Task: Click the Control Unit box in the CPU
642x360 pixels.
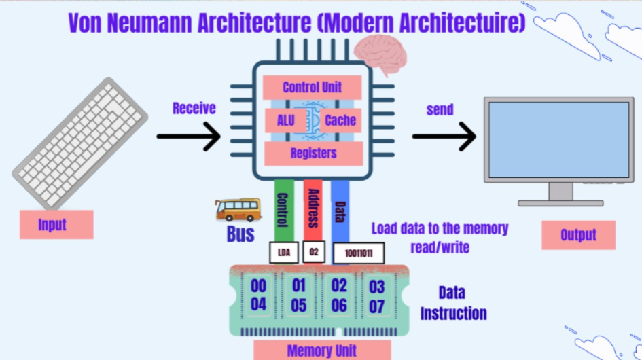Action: point(312,87)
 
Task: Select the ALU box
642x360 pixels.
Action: point(285,121)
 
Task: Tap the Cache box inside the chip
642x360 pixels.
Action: point(340,121)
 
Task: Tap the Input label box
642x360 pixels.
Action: point(56,225)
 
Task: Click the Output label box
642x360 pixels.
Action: point(578,235)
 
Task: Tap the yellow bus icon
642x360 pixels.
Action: point(237,210)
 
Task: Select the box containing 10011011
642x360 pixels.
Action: point(358,253)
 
